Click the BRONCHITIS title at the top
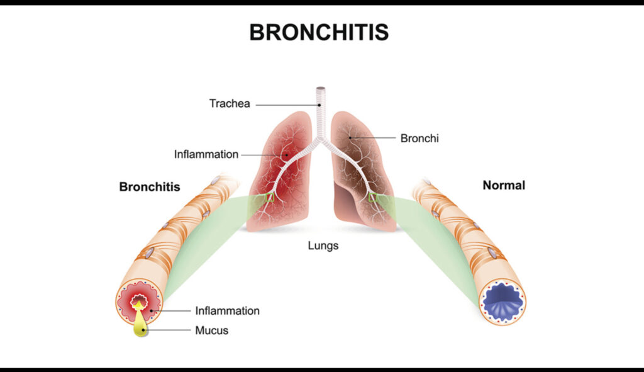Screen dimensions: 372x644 (x=319, y=32)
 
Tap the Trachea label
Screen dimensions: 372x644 (x=230, y=104)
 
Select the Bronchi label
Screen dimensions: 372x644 (x=419, y=138)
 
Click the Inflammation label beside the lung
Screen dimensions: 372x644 (x=206, y=154)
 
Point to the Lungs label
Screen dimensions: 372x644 (x=323, y=245)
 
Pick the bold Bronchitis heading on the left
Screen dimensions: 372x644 (x=150, y=187)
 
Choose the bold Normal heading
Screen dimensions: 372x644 (x=504, y=186)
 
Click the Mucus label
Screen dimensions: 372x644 (x=211, y=330)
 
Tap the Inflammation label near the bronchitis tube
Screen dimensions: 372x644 (x=227, y=310)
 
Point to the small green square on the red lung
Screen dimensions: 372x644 (x=269, y=197)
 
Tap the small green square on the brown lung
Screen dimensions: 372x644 (x=373, y=197)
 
